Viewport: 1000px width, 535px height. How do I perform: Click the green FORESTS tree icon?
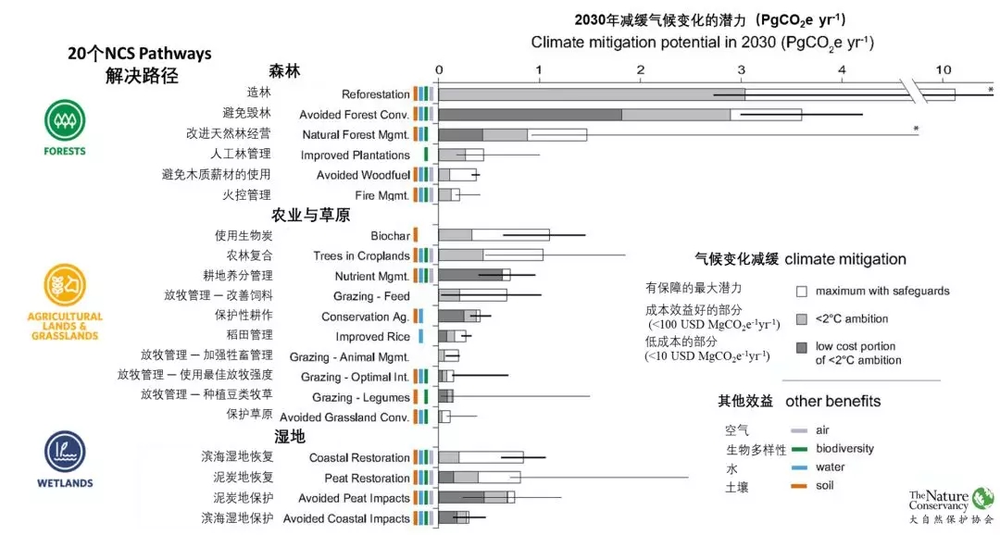[65, 119]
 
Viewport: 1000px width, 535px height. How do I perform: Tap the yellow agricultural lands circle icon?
[65, 284]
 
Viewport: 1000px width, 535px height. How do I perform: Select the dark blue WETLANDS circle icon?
[65, 452]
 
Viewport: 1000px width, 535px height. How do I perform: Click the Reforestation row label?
[376, 94]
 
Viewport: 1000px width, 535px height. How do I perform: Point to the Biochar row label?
[390, 236]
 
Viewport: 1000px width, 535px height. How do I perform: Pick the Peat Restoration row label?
[367, 479]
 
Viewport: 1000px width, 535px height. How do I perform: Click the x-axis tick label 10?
[944, 69]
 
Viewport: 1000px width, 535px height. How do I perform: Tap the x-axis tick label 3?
[741, 69]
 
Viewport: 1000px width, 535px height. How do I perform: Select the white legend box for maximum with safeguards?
[802, 292]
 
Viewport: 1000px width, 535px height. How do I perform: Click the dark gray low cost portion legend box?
[802, 347]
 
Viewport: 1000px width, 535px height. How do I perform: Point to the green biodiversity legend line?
[799, 449]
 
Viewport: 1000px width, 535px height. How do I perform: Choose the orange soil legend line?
[799, 486]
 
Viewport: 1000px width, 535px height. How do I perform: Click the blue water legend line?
[799, 467]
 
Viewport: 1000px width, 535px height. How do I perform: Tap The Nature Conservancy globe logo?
[982, 498]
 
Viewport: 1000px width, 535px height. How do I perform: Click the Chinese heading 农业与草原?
[310, 215]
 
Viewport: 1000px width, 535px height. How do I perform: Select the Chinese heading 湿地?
[290, 436]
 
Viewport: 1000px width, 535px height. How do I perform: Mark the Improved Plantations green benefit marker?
[426, 155]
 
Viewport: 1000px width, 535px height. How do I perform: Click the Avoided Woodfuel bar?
[457, 175]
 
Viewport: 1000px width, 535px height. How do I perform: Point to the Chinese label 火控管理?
[246, 194]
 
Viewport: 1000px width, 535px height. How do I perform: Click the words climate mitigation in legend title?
[845, 259]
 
